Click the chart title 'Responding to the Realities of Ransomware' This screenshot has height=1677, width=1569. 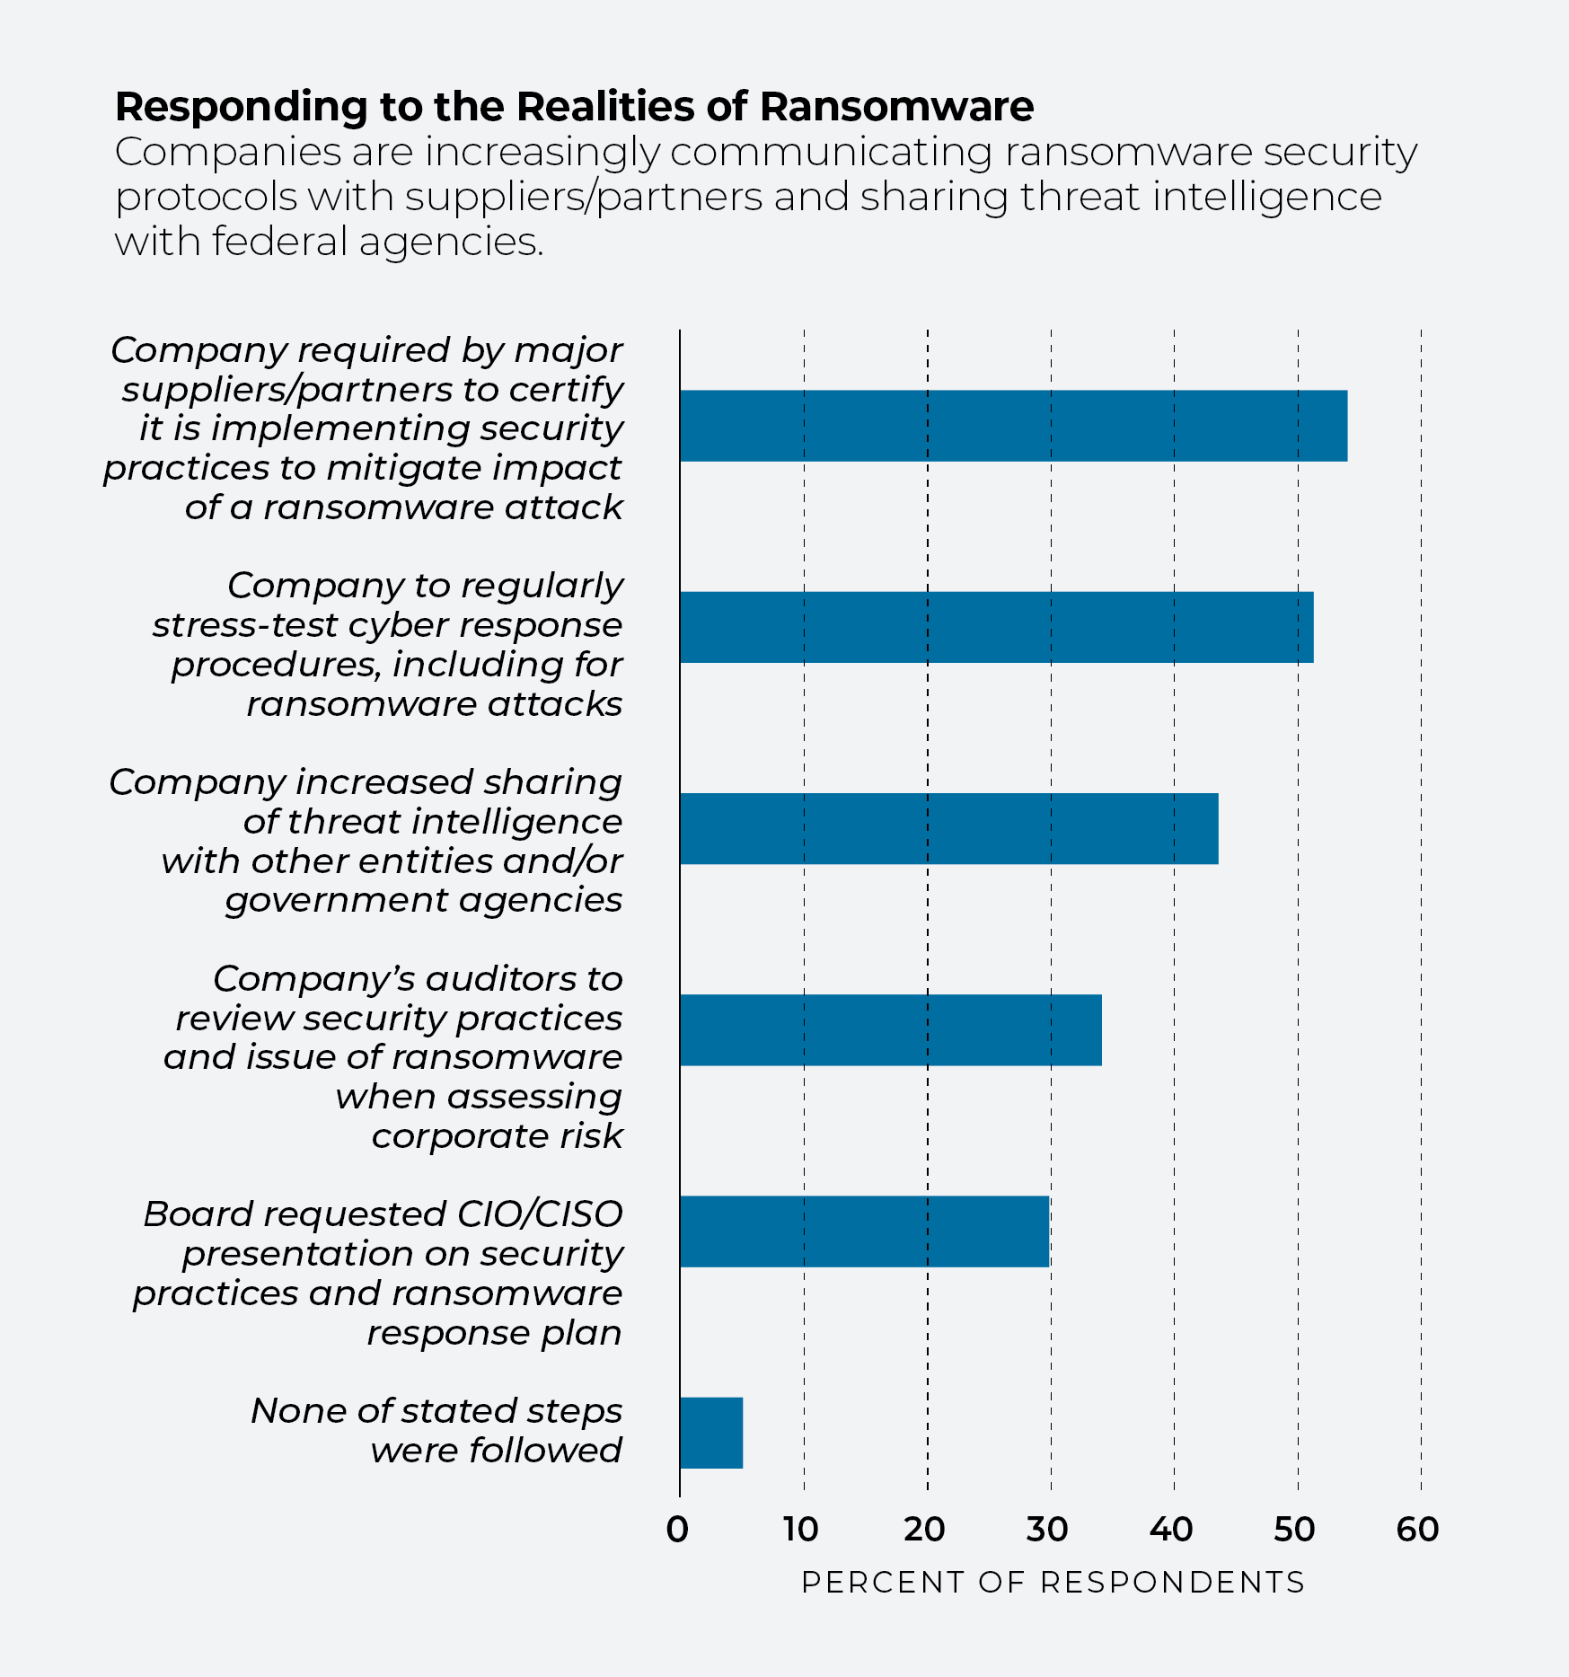pos(575,107)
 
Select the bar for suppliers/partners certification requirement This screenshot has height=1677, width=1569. pos(1014,426)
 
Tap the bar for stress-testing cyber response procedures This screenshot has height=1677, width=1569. pos(997,627)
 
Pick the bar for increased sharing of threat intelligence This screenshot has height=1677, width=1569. pos(949,828)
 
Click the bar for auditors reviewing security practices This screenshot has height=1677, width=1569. pos(891,1030)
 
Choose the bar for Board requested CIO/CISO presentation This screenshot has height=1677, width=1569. pos(865,1231)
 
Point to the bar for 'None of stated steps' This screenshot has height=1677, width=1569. pos(711,1433)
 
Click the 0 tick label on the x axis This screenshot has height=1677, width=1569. pos(678,1530)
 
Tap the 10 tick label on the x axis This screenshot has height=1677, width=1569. pos(801,1530)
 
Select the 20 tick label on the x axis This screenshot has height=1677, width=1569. pos(925,1530)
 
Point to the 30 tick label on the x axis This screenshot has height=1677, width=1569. pos(1048,1530)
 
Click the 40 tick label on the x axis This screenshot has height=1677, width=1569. pos(1172,1530)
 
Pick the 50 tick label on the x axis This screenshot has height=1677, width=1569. pos(1295,1530)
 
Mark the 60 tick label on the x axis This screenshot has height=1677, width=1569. pos(1418,1530)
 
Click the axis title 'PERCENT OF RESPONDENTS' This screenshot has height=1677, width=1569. pos(1053,1583)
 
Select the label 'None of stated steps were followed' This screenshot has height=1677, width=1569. pos(436,1430)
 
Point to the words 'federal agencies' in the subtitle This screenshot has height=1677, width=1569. pos(377,242)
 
